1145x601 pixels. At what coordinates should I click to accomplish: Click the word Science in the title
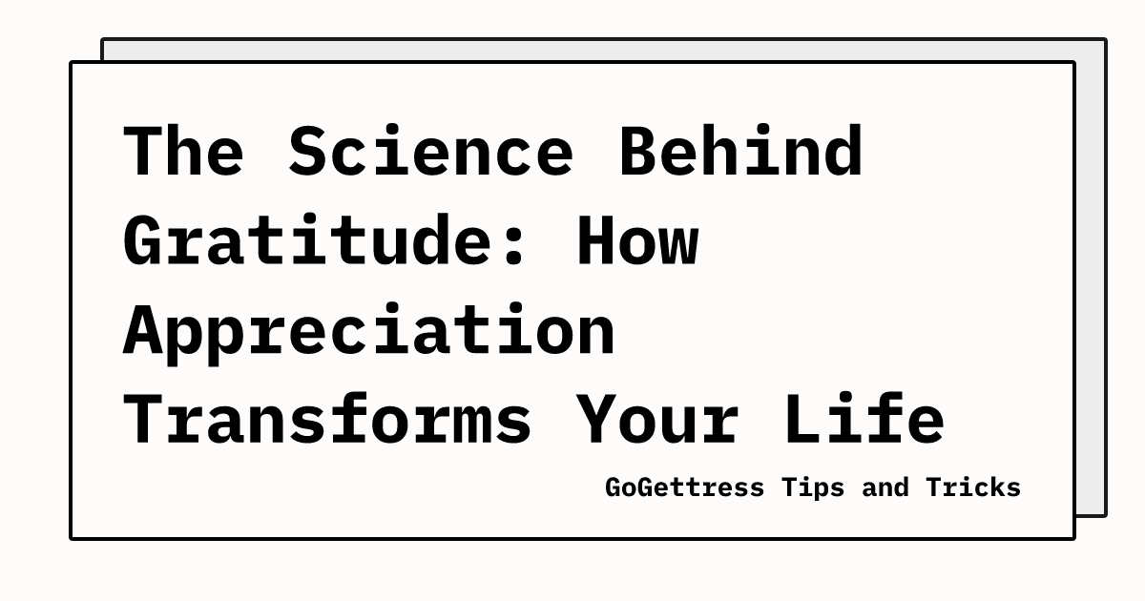(x=430, y=152)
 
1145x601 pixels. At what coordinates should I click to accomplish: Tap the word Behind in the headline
(x=740, y=152)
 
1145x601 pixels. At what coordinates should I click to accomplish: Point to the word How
(x=636, y=240)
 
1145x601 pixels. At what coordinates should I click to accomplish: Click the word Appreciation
(x=368, y=329)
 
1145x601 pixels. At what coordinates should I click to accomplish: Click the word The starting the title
(x=183, y=152)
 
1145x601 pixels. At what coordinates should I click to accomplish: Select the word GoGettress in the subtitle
(x=684, y=487)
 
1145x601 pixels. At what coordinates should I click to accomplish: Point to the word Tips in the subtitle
(x=813, y=487)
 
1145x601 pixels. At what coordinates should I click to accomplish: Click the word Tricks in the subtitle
(x=972, y=487)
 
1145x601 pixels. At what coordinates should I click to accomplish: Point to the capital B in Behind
(x=637, y=152)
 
